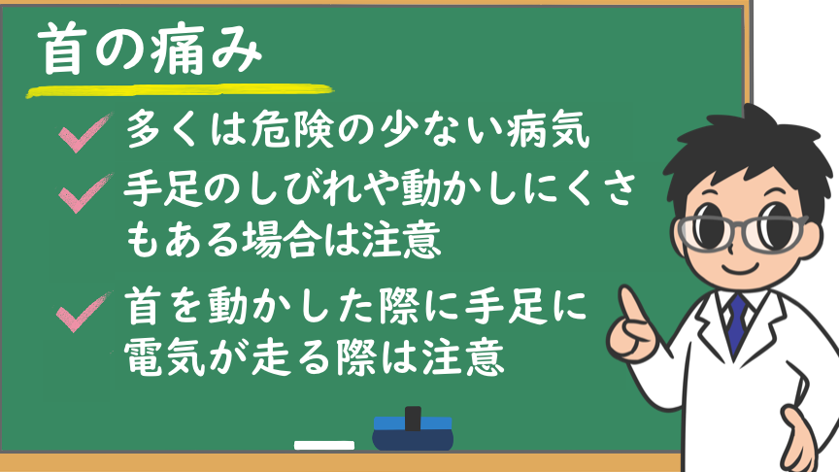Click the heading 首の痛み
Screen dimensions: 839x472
point(151,50)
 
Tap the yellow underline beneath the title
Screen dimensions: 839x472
point(180,90)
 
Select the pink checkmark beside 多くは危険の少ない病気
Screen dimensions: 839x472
point(84,133)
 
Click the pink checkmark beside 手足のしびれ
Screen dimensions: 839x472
point(84,192)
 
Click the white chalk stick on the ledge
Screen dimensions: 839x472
point(324,445)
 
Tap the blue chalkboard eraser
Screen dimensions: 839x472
point(413,432)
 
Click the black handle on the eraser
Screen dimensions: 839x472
point(413,419)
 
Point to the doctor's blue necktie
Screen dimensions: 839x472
point(737,323)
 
